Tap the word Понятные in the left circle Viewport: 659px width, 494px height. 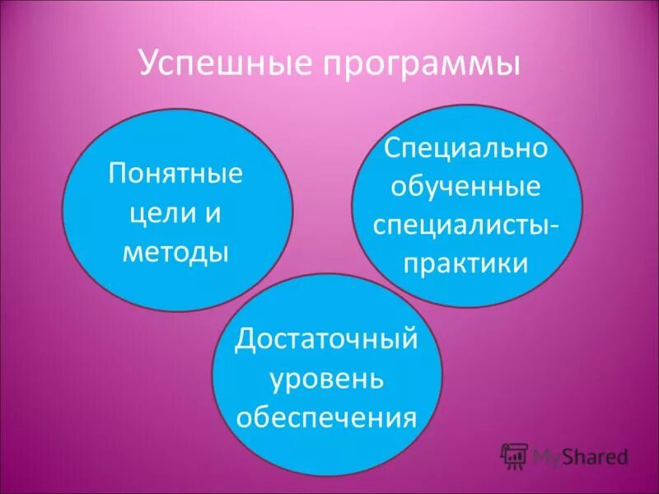click(x=176, y=175)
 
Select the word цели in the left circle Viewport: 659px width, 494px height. click(x=157, y=214)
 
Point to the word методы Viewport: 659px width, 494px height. click(x=175, y=251)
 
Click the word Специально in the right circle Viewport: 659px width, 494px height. click(x=466, y=150)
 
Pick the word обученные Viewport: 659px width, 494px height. click(x=466, y=188)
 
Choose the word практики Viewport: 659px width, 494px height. click(x=466, y=263)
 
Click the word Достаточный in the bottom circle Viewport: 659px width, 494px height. click(x=327, y=341)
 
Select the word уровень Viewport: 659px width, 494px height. click(x=327, y=379)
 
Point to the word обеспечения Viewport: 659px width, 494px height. click(x=327, y=417)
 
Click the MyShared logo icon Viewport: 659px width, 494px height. click(x=515, y=455)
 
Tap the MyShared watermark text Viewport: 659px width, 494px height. click(x=581, y=456)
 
